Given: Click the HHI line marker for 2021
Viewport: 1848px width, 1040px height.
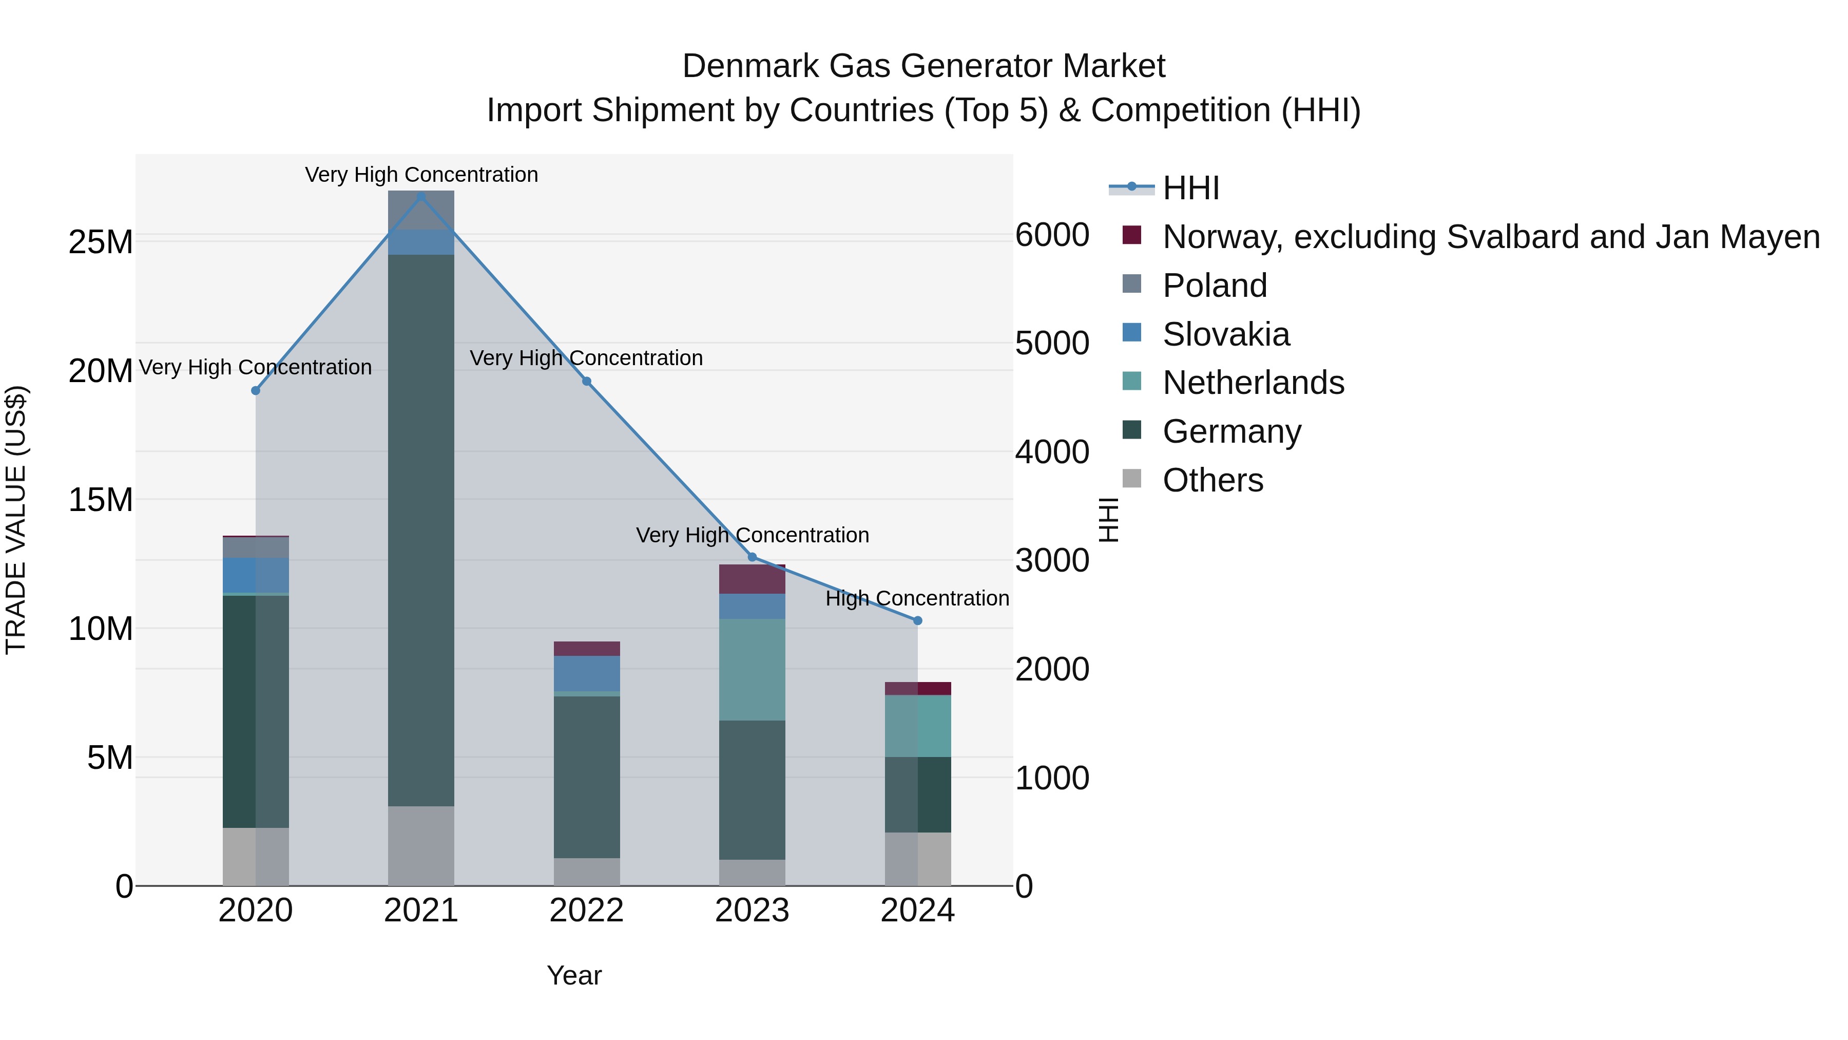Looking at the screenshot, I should click(421, 197).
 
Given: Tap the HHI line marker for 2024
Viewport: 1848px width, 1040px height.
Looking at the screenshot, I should click(917, 621).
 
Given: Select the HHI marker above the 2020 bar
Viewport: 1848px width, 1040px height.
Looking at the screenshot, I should click(256, 390).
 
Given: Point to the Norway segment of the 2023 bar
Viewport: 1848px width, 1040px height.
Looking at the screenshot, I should click(752, 579).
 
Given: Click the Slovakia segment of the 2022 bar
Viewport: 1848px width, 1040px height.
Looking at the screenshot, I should click(587, 673).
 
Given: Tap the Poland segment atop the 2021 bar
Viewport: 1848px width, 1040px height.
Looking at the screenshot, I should click(421, 210).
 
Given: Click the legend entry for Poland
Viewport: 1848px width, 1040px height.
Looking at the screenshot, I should click(1214, 286).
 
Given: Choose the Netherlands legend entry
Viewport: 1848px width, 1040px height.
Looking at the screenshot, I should click(1253, 383).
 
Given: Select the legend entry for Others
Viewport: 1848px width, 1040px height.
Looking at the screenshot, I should click(1212, 480).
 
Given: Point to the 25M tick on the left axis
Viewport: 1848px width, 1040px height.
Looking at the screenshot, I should click(101, 242).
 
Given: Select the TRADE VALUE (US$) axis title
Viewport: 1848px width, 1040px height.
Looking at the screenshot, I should click(16, 520).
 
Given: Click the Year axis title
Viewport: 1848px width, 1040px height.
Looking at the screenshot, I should click(574, 975).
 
